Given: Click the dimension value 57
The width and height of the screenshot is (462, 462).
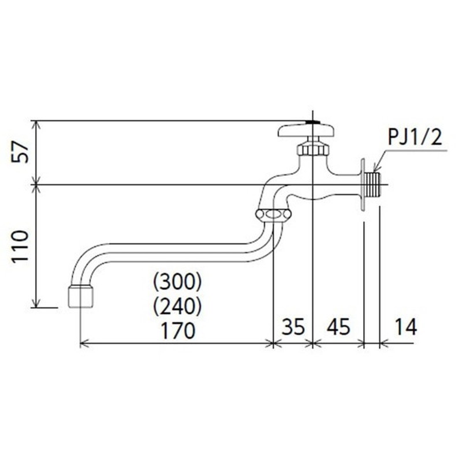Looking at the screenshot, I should click(20, 152).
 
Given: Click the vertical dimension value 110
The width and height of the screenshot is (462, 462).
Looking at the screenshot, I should click(20, 247).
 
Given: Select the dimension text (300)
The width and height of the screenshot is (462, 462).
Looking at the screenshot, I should click(177, 282).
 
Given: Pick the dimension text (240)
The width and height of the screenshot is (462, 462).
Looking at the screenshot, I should click(177, 304).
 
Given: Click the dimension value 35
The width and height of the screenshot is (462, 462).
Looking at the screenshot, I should click(292, 327).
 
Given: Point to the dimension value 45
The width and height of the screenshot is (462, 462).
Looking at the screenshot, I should click(338, 327).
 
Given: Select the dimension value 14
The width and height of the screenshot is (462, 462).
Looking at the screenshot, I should click(407, 327).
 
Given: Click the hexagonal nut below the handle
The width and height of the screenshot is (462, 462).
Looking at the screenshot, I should click(312, 149).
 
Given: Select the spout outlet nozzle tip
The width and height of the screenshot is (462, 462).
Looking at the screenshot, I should click(80, 296).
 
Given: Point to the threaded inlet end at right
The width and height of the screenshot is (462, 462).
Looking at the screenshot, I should click(376, 184).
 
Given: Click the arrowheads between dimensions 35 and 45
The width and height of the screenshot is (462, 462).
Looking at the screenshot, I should click(312, 344).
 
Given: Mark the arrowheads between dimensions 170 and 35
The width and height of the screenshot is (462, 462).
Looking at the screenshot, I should click(273, 344).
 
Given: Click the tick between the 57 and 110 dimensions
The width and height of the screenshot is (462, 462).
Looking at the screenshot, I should click(36, 185).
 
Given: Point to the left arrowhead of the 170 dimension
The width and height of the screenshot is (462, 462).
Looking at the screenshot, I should click(81, 344).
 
